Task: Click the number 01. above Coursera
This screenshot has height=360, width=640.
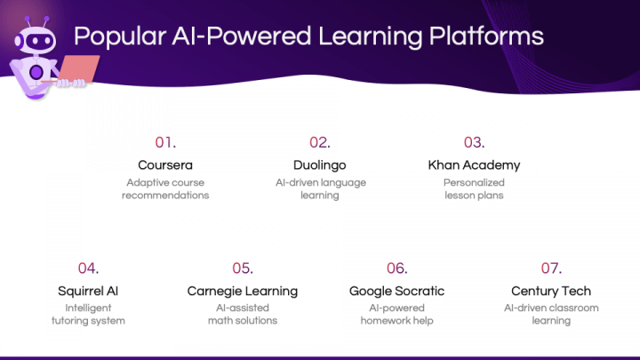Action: pos(165,142)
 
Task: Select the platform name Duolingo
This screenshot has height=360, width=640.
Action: pos(320,165)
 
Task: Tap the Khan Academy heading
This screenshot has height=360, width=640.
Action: pos(474,165)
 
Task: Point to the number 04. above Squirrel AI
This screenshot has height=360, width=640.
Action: pos(88,268)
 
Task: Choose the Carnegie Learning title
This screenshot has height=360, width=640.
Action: pos(243,291)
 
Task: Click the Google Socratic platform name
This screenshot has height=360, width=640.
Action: pos(396,291)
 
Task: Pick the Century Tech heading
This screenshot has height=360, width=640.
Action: pos(551,291)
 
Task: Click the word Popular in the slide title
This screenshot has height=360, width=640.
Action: pos(120,36)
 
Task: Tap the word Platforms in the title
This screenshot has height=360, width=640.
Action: pos(486,36)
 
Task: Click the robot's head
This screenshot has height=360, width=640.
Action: pos(36,40)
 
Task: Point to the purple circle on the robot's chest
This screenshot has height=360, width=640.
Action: pos(36,73)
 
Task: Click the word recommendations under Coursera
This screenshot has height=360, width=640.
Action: pos(165,196)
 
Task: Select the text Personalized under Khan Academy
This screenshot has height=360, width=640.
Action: pos(474,182)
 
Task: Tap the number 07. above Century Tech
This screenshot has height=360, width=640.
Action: pos(551,268)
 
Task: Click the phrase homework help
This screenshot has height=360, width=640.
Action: pos(396,321)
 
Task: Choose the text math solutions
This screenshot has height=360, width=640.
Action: pos(243,321)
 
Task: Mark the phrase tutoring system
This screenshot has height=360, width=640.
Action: pos(88,321)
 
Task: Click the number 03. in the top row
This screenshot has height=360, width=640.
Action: pos(475,142)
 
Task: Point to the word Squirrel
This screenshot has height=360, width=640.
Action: pos(80,292)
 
